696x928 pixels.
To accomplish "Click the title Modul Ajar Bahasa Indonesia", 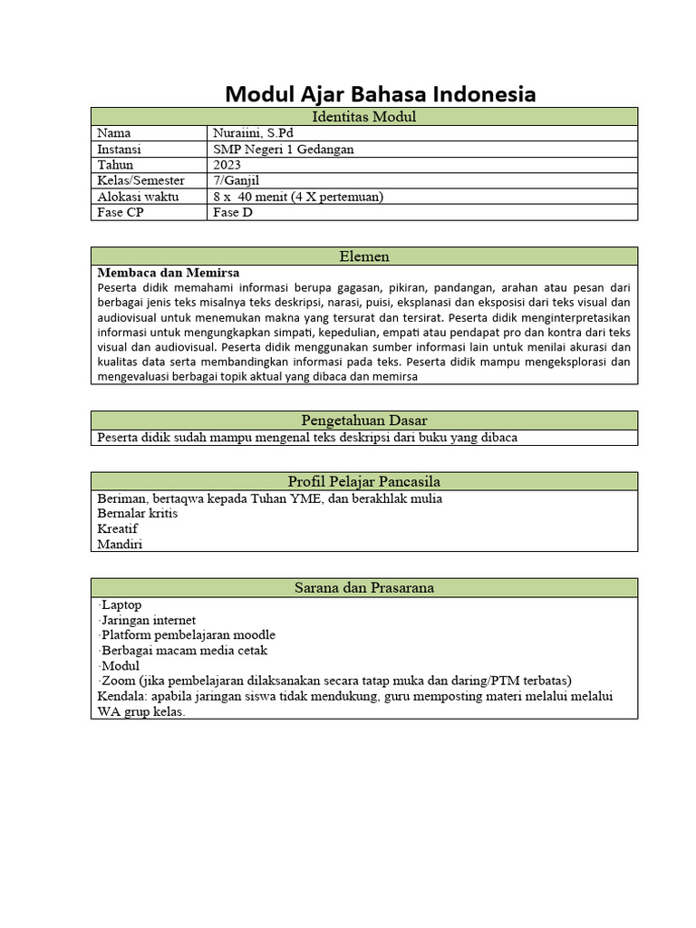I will tap(380, 94).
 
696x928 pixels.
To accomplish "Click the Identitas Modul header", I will tap(363, 117).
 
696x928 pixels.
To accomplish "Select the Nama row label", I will tap(114, 133).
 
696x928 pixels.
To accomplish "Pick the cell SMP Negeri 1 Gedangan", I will tap(283, 150).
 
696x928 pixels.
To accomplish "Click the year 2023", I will tap(227, 165).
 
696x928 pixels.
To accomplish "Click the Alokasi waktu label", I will tap(138, 197).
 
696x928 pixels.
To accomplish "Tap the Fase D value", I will tap(233, 213).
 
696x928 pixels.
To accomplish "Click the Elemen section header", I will tap(363, 256).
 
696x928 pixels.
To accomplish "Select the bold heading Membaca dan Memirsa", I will tap(169, 272).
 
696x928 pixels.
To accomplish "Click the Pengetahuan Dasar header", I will tap(363, 420).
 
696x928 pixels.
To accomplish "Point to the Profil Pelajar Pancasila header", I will tap(363, 481).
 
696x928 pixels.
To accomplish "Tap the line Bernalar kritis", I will tap(138, 514).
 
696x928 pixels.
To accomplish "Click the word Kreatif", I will tap(119, 529).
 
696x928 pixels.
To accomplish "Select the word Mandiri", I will tap(120, 545).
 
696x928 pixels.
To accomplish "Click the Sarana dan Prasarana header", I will tap(363, 588).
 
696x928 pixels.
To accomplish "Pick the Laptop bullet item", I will tap(121, 604).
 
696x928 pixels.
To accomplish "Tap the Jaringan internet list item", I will tap(149, 620).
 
